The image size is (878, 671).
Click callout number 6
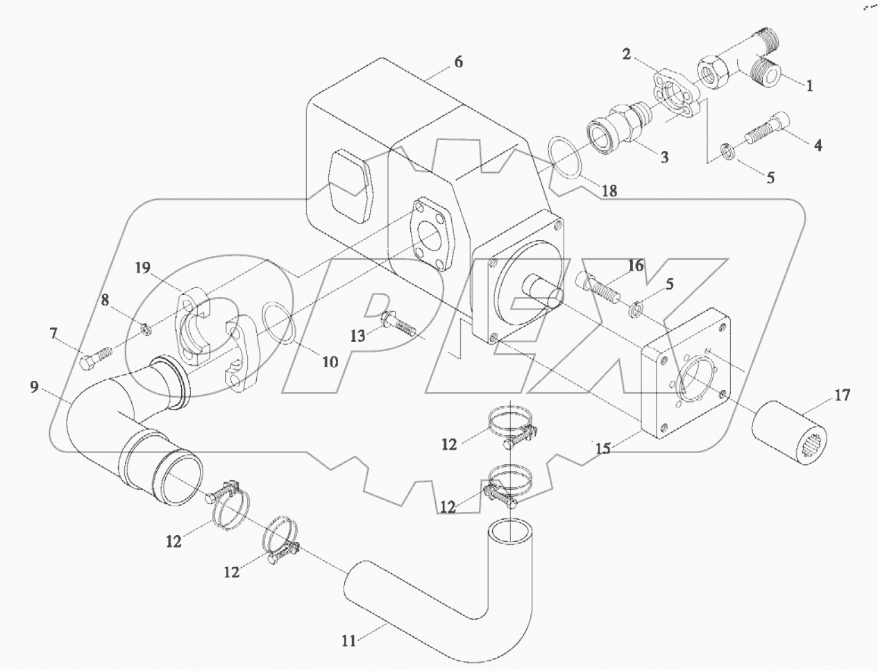coord(458,62)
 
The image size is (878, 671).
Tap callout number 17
coord(842,396)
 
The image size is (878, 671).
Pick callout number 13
coord(357,337)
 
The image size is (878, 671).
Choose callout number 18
coord(609,191)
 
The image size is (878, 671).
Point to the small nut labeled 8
coord(146,328)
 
